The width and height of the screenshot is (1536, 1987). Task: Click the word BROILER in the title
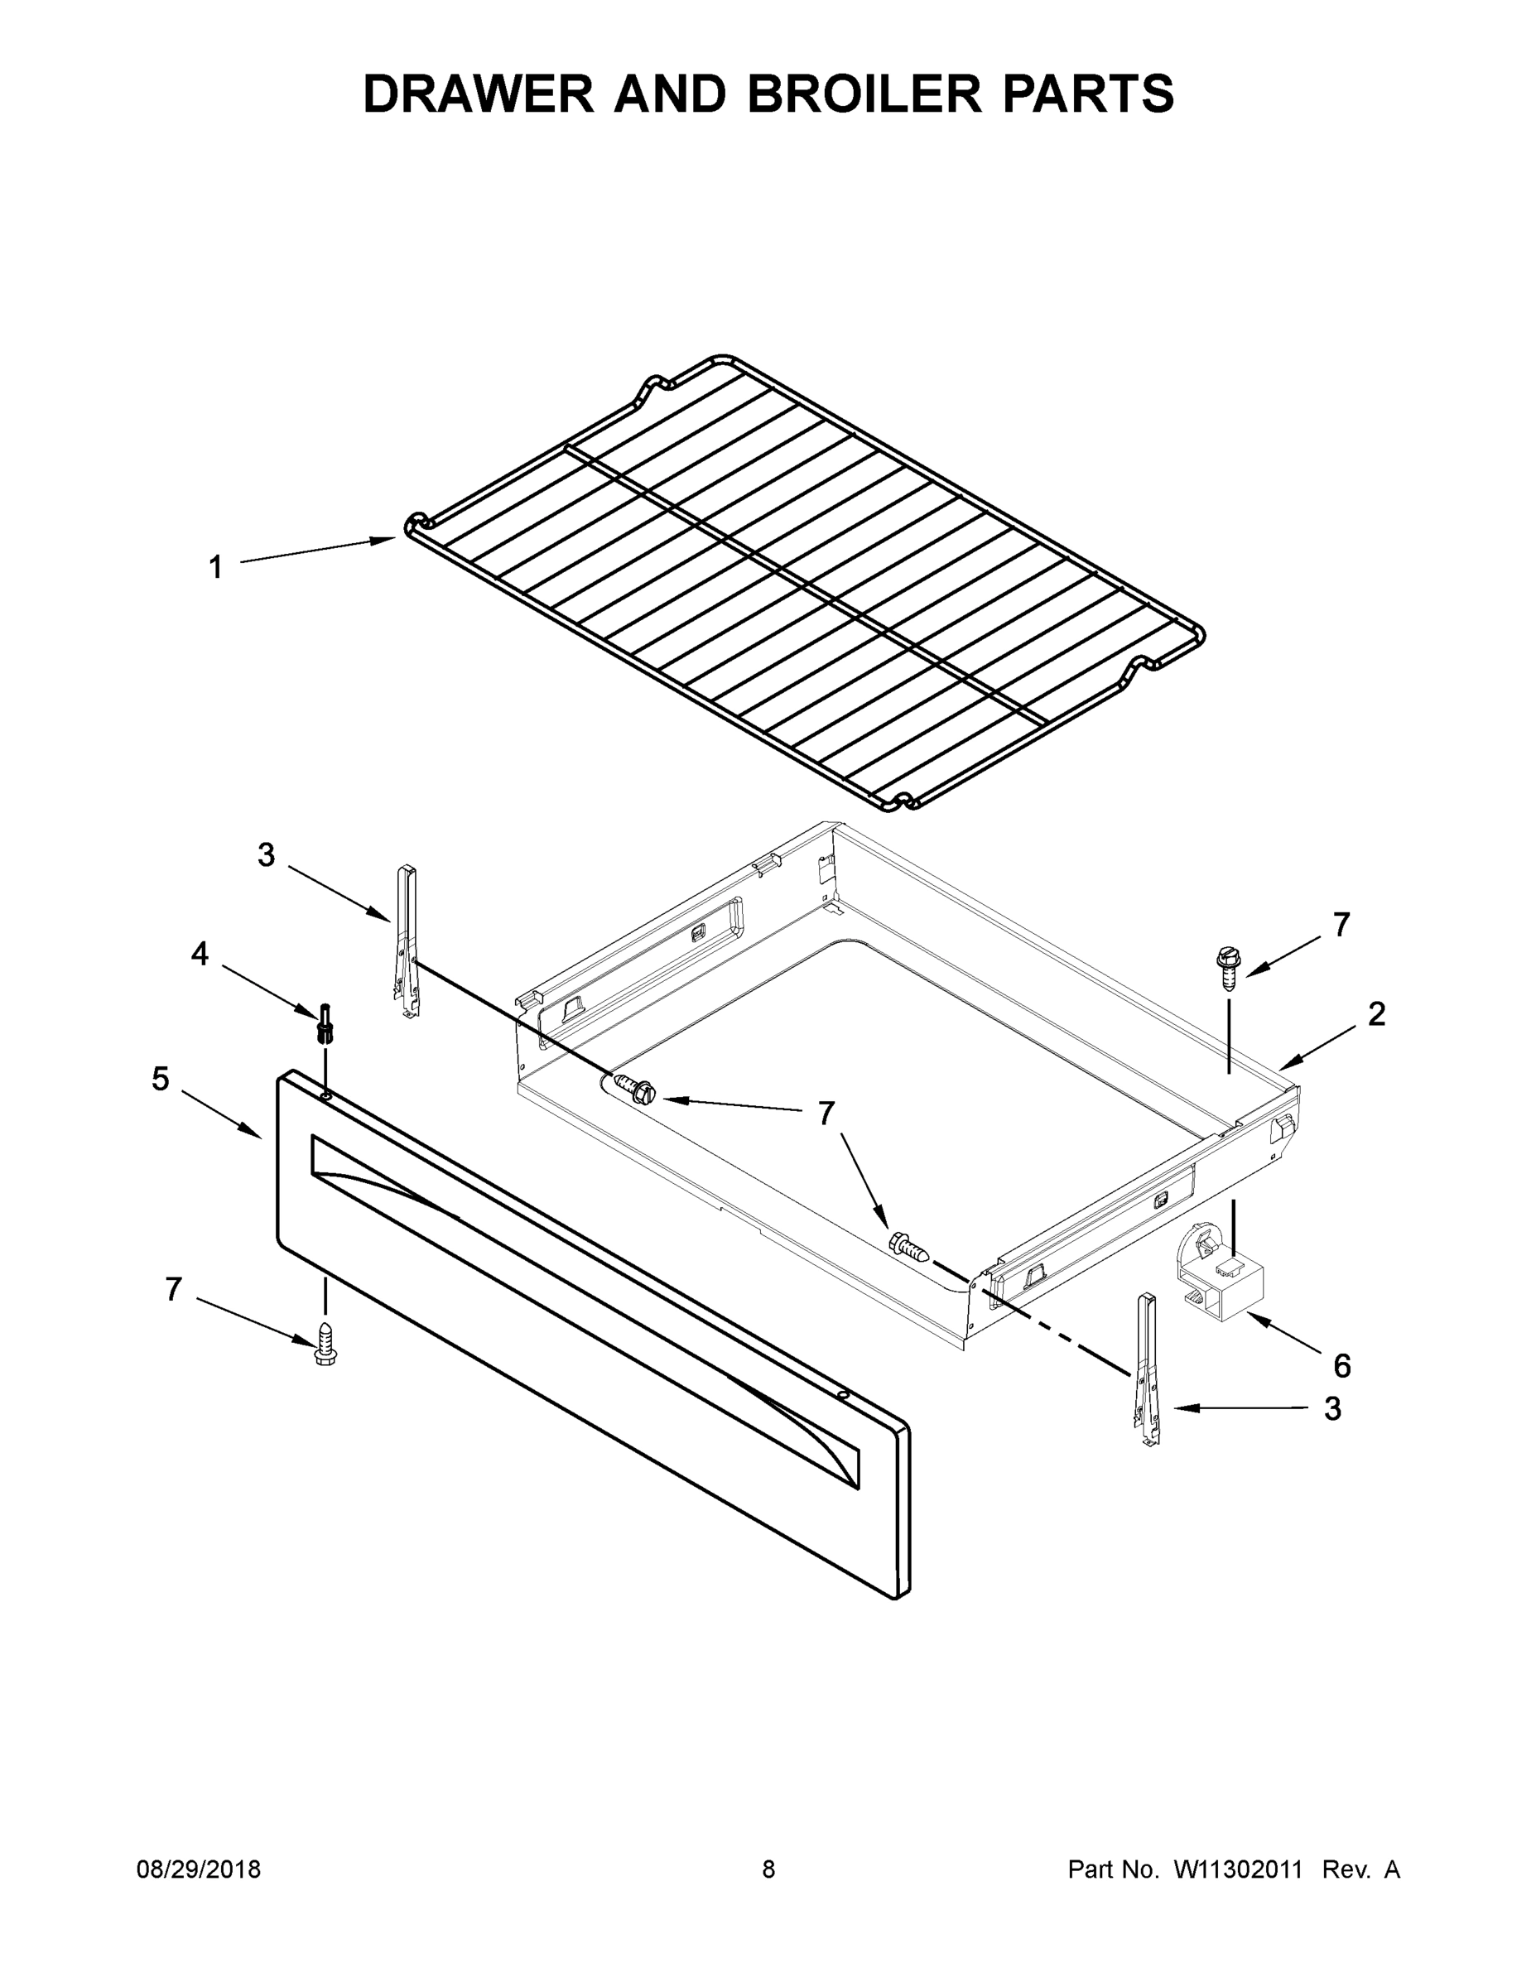pos(864,94)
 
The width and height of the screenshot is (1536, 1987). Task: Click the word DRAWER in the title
pos(479,94)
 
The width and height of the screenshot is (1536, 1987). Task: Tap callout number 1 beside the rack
pos(215,568)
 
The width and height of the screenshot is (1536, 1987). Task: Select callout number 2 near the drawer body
pos(1377,1013)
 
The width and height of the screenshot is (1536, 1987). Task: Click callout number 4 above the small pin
pos(200,954)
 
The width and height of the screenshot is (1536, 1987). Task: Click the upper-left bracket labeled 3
pos(407,941)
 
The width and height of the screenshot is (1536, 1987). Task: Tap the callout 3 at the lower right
pos(1332,1408)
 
